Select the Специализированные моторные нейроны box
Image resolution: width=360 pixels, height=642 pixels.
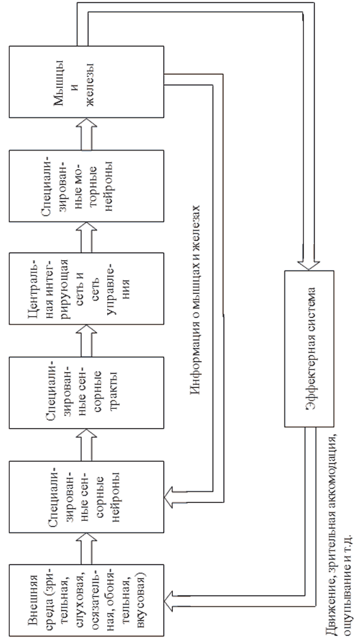tap(87, 186)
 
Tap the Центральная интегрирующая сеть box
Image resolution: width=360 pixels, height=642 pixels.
tap(87, 289)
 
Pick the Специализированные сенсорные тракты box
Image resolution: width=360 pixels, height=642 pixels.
tap(87, 392)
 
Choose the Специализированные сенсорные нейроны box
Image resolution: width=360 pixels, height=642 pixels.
tap(87, 497)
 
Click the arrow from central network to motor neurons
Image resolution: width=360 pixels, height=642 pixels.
tap(87, 237)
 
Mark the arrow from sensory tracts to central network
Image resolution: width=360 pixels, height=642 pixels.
tap(87, 341)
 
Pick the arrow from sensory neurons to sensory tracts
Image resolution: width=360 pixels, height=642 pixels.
tap(87, 445)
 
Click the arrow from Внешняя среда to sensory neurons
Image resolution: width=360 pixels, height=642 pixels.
tap(87, 549)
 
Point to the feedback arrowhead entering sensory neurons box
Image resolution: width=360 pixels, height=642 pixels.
tap(170, 496)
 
